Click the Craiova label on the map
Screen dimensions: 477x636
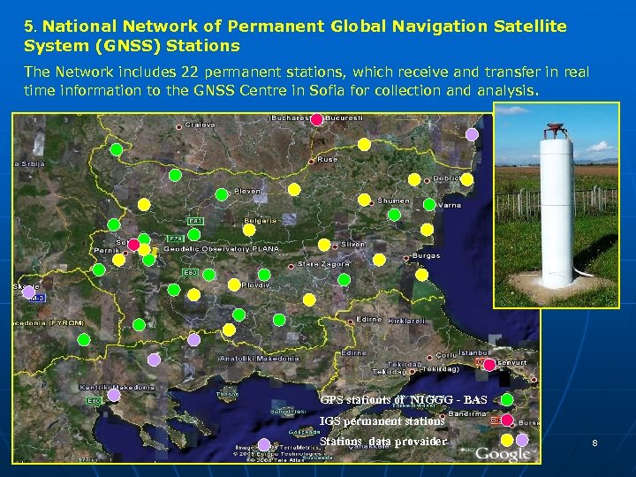(200, 125)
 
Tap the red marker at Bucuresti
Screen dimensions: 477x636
(316, 121)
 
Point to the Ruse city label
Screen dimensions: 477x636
(327, 160)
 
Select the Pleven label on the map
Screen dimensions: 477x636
(247, 191)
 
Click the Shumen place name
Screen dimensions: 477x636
(394, 201)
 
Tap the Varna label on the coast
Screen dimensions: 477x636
(450, 205)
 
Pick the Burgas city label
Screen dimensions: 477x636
(426, 256)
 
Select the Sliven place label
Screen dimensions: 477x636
(352, 244)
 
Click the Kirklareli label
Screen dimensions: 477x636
(405, 322)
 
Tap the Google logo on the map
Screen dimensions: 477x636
(503, 454)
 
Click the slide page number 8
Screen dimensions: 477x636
(594, 443)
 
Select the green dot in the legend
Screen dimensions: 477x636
(507, 400)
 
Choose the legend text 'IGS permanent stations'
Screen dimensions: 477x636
(382, 421)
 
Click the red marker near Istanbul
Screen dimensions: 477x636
(489, 365)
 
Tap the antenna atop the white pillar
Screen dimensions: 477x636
(554, 130)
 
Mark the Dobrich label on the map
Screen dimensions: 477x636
(447, 178)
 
